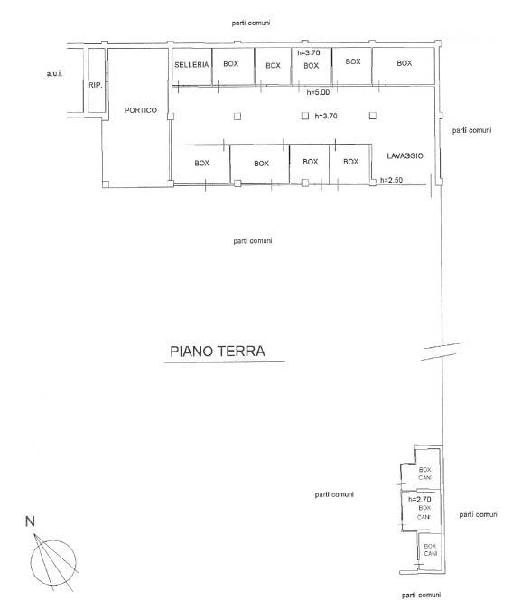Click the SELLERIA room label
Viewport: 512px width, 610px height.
(191, 64)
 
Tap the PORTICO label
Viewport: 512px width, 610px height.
(140, 110)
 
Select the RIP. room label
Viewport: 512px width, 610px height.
(96, 85)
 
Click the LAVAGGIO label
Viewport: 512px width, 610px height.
(405, 155)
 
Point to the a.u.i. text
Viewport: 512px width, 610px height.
(54, 73)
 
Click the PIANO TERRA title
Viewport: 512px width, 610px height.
(218, 352)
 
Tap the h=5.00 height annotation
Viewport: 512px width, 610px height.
(318, 92)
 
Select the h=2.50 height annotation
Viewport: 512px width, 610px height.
(391, 180)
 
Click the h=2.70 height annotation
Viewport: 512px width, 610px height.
(420, 499)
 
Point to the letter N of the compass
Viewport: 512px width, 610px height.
(30, 521)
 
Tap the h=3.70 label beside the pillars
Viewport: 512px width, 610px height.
(326, 116)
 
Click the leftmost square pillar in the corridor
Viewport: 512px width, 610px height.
(237, 116)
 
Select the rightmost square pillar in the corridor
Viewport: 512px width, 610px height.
(373, 116)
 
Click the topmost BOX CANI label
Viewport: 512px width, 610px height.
(425, 474)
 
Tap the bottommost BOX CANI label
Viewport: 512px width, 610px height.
(431, 549)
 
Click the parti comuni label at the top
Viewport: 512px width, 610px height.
(251, 23)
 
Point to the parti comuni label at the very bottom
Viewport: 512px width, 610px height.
(421, 596)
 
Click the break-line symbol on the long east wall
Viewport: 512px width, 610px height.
(442, 352)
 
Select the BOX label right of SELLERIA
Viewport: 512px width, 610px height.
(230, 64)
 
